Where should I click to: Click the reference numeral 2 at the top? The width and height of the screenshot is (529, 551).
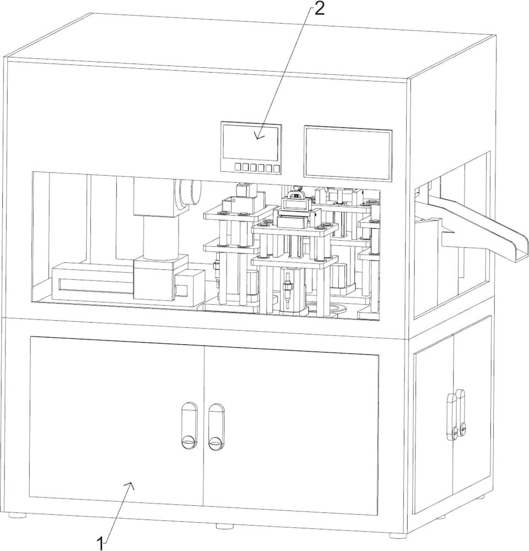[319, 9]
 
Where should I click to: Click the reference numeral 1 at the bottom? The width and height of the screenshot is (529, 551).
[101, 544]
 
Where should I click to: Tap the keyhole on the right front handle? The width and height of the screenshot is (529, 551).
[215, 441]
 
